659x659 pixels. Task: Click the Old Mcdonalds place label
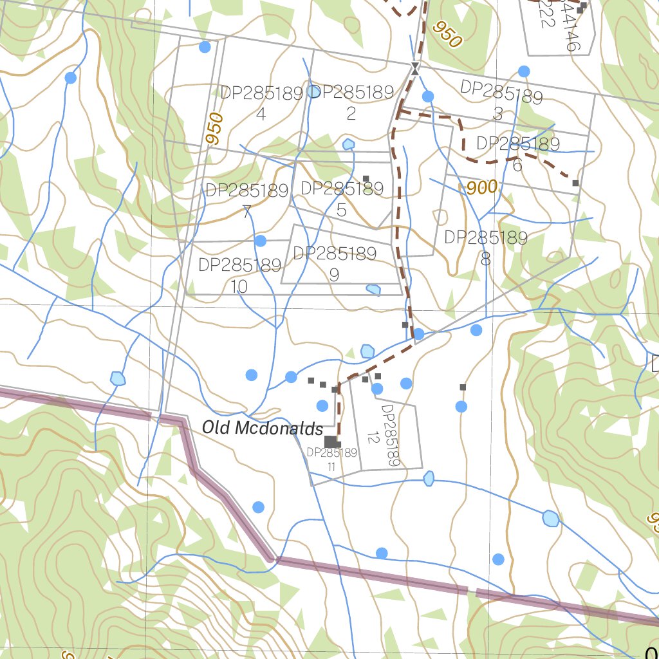262,428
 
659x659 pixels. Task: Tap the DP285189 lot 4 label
261,103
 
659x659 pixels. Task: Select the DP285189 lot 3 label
501,102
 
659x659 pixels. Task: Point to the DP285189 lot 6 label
518,153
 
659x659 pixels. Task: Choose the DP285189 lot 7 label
246,201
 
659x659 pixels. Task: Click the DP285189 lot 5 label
342,198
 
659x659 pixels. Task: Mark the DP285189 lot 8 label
486,248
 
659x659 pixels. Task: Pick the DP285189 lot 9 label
335,264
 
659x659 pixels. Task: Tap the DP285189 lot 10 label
239,275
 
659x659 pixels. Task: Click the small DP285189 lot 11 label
331,459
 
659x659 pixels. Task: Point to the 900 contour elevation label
482,188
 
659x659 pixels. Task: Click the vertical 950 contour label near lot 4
215,128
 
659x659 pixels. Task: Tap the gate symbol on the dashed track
416,68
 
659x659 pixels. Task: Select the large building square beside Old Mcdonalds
331,441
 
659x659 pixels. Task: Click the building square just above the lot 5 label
366,178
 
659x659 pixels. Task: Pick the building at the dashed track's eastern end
575,183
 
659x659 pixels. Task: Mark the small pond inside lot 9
373,290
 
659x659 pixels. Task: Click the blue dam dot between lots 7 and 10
260,241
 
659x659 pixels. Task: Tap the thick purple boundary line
373,572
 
